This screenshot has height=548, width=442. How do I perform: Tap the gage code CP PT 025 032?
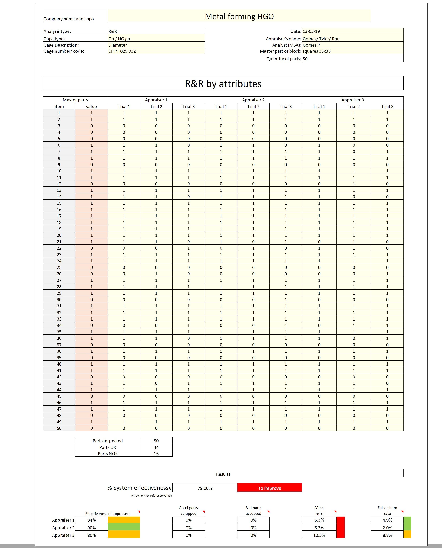tap(122, 51)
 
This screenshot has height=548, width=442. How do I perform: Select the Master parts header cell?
tap(75, 100)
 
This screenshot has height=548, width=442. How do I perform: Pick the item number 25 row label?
tap(59, 267)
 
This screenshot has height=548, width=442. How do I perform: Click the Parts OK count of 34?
tap(156, 447)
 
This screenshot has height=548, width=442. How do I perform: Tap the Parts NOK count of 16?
tap(156, 454)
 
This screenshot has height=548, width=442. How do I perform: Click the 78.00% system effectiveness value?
tap(205, 488)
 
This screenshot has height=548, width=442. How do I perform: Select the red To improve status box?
tap(269, 488)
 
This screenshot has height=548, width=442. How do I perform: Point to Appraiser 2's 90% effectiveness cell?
tap(92, 528)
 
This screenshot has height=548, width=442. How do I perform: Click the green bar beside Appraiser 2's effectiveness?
tap(124, 528)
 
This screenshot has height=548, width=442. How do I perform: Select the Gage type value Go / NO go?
tap(119, 39)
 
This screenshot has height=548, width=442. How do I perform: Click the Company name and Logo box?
tap(75, 16)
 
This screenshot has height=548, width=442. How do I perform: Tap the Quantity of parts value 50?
tap(305, 59)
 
